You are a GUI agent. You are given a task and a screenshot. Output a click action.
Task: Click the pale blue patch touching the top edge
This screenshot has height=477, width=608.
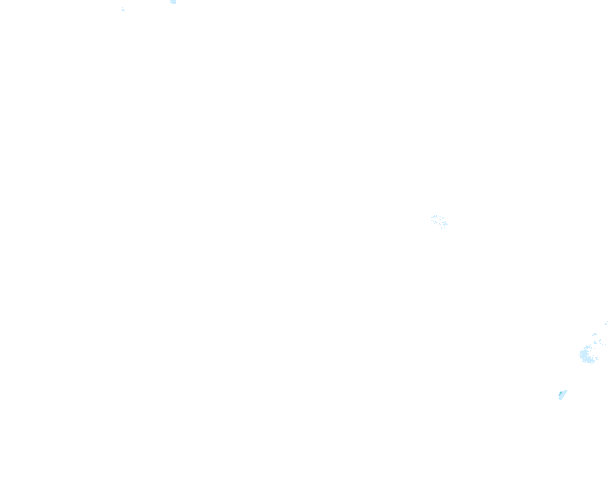pyautogui.click(x=173, y=2)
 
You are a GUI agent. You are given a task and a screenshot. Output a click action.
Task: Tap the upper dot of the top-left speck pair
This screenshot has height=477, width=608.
pyautogui.click(x=123, y=8)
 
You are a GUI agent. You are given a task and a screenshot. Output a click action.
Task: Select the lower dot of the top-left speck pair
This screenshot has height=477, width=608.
pyautogui.click(x=124, y=10)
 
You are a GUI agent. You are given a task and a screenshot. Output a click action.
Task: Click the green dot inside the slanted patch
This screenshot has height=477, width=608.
pyautogui.click(x=561, y=393)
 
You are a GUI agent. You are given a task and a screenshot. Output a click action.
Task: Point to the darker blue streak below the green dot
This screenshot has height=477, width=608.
pyautogui.click(x=560, y=395)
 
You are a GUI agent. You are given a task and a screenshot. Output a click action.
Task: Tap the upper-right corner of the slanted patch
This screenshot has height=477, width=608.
pyautogui.click(x=567, y=391)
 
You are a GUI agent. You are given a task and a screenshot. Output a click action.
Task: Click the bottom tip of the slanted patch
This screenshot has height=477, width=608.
pyautogui.click(x=561, y=400)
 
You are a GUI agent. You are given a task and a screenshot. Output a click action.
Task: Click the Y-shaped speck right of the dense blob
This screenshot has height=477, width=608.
pyautogui.click(x=597, y=358)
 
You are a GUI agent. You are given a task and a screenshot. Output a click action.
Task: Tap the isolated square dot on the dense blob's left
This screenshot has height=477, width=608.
pyautogui.click(x=579, y=355)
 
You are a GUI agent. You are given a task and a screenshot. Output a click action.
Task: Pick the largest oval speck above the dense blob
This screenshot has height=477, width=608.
pyautogui.click(x=595, y=334)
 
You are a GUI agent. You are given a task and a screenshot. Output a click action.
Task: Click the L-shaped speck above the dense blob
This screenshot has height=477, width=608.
pyautogui.click(x=595, y=343)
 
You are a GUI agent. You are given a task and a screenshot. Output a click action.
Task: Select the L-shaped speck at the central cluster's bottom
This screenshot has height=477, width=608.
pyautogui.click(x=442, y=228)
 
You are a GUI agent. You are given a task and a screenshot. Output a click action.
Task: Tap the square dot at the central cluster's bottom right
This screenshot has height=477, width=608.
pyautogui.click(x=445, y=228)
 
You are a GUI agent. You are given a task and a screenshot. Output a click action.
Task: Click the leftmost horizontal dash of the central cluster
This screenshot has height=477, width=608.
pyautogui.click(x=432, y=218)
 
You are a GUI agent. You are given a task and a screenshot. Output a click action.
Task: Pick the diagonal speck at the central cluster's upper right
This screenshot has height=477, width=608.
pyautogui.click(x=443, y=218)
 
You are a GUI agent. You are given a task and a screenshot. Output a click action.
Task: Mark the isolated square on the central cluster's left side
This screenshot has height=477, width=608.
pyautogui.click(x=432, y=220)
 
